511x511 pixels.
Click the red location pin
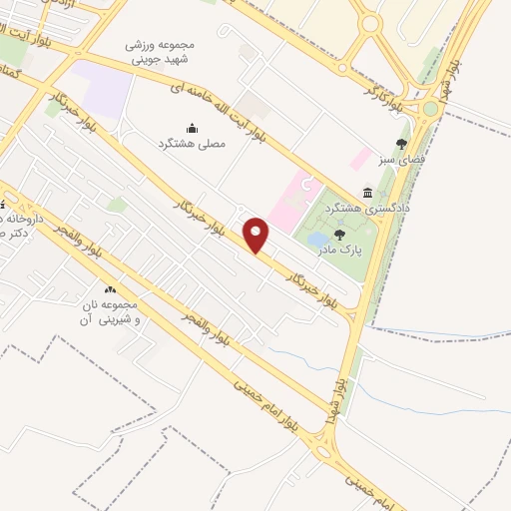point(257,234)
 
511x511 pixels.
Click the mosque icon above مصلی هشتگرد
point(193,128)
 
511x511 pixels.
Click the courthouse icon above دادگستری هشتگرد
point(368,193)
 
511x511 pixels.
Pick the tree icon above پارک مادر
point(339,236)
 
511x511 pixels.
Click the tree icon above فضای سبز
point(402,144)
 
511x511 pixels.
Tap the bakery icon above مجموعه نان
point(110,289)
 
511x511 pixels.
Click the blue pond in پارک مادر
point(315,240)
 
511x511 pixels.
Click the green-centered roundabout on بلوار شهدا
point(430,108)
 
